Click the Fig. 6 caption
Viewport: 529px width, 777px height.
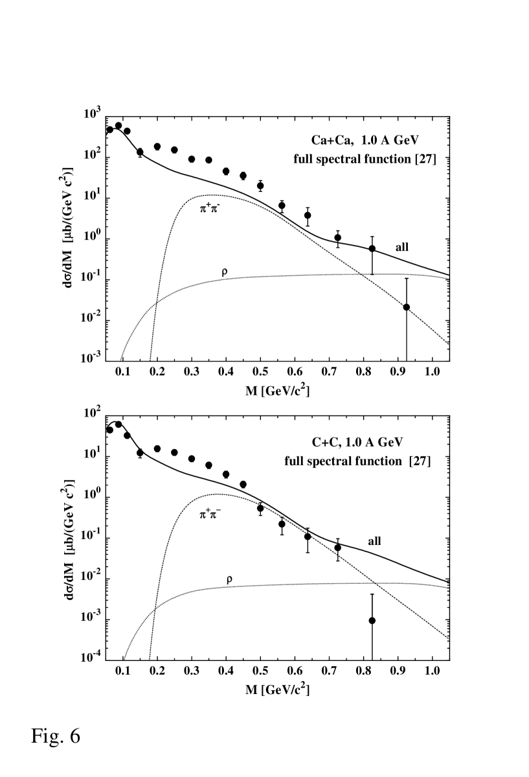[56, 737]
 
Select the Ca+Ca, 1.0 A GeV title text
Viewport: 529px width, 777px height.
[360, 140]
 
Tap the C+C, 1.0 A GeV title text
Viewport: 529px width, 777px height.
[357, 443]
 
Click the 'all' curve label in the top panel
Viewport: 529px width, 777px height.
[402, 247]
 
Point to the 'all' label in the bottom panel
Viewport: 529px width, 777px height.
[374, 542]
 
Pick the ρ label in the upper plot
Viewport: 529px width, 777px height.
[225, 273]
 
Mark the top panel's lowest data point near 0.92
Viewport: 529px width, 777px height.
[407, 307]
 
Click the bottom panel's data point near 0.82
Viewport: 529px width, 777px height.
[372, 620]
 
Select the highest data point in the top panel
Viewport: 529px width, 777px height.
[118, 126]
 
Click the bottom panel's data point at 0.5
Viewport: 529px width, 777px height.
[260, 508]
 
